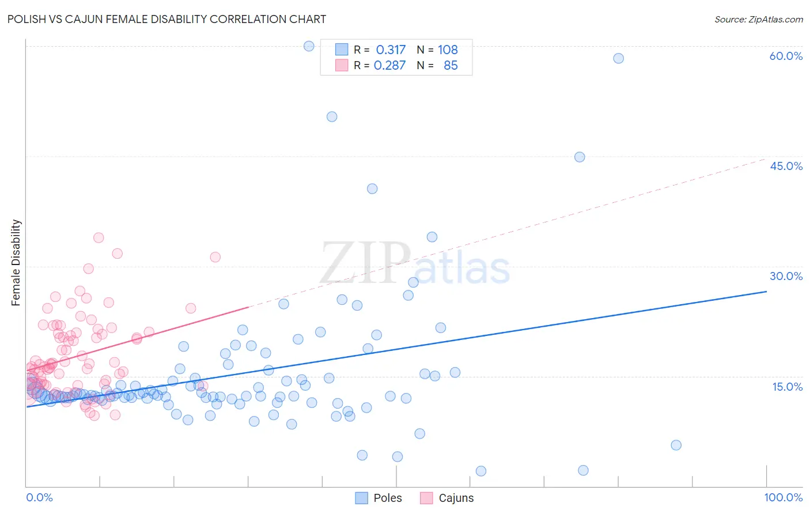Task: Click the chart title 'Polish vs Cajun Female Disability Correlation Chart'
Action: [x=167, y=19]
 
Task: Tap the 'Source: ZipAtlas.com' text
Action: [x=758, y=19]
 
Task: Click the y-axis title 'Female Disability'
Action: [x=16, y=262]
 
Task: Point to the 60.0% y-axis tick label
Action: [x=786, y=56]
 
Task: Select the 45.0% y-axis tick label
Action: [x=786, y=166]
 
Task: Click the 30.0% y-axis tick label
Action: [x=786, y=276]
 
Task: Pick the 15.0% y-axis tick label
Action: [x=787, y=387]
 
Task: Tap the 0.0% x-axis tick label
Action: [x=39, y=497]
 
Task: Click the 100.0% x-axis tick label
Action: [x=783, y=497]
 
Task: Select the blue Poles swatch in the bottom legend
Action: [x=361, y=498]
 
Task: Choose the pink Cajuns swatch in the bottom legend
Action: [x=426, y=498]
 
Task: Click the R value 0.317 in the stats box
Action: [x=391, y=50]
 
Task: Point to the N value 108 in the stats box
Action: [x=448, y=50]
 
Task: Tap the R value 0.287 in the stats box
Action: [x=389, y=66]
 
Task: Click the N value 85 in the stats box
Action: [x=451, y=66]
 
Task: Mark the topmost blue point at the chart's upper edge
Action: [x=309, y=46]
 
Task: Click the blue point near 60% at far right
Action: [x=618, y=58]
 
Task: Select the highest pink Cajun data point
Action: [x=99, y=237]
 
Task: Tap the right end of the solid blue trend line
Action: [x=766, y=292]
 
